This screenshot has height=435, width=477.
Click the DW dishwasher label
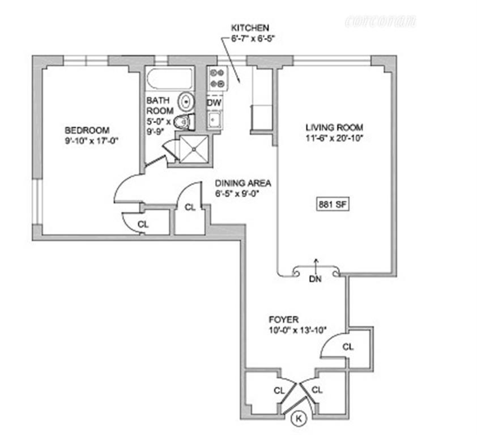tap(214, 103)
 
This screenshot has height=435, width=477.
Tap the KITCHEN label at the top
tap(250, 28)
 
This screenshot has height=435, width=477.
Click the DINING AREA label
tap(243, 184)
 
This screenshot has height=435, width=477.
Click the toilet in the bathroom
tap(184, 121)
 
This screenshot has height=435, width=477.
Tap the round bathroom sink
tap(185, 102)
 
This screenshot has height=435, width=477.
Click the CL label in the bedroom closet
tap(143, 224)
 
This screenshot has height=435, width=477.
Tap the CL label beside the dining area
tap(190, 207)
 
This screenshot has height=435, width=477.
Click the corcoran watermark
tap(380, 22)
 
